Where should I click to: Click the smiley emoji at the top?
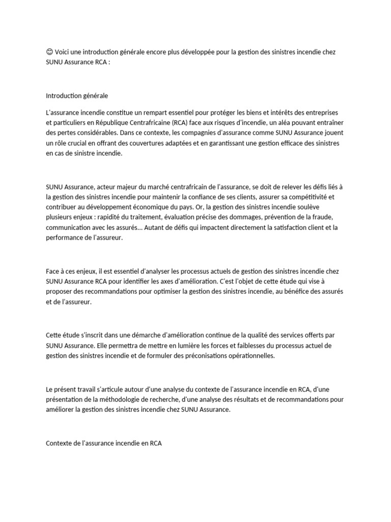[x=49, y=53]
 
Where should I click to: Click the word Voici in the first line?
[x=63, y=53]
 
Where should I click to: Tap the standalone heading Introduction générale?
[x=77, y=95]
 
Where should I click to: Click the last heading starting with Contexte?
[x=103, y=443]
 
